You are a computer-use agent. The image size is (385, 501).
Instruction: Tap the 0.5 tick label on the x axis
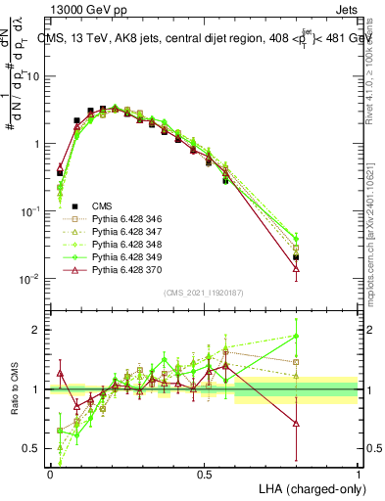point(205,474)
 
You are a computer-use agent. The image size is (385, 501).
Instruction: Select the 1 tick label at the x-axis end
point(359,474)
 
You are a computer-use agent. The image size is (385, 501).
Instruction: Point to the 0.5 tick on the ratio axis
point(35,449)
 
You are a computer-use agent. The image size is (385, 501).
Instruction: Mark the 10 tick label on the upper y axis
point(37,75)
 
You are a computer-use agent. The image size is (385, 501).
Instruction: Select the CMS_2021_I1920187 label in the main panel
point(204,293)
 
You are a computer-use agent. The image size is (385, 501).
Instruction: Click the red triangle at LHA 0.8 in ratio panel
point(297,424)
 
